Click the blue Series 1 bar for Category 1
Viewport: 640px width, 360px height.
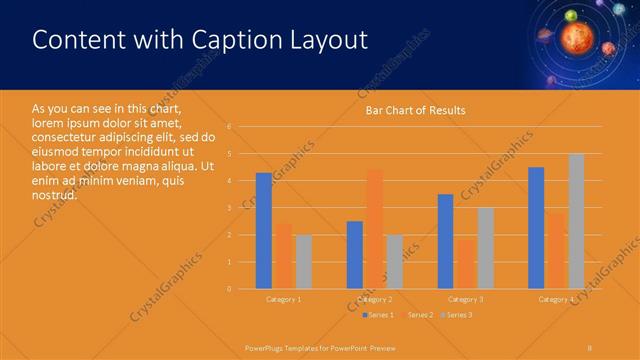[264, 231]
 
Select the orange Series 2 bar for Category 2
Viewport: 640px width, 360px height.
[375, 229]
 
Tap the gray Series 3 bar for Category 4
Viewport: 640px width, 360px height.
[576, 221]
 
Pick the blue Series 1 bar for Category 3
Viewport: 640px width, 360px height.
[445, 241]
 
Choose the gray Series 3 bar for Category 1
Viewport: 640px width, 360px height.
[303, 261]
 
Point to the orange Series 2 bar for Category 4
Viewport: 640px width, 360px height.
[556, 250]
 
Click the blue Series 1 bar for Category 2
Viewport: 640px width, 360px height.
[355, 255]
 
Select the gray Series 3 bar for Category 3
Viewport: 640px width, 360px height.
[485, 248]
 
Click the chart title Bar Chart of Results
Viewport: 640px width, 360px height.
[415, 110]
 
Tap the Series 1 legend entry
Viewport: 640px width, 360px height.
[378, 315]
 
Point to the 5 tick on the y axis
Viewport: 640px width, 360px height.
[230, 154]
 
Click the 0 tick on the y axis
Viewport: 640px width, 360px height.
[230, 289]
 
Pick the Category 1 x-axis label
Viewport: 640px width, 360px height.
[284, 299]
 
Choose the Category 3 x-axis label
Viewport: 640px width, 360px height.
[465, 299]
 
